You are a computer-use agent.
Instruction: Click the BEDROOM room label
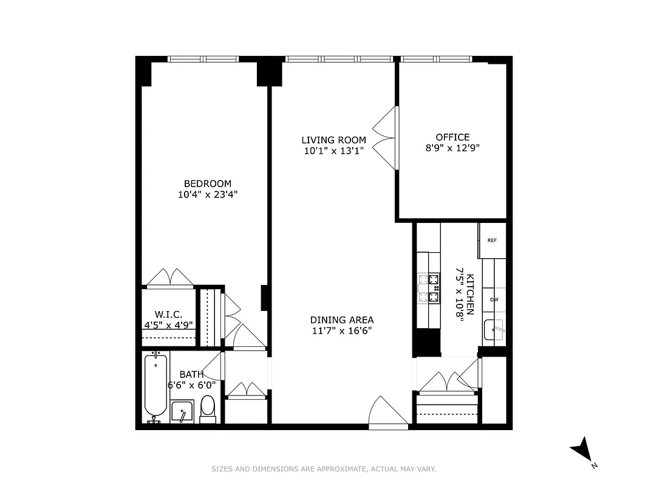tap(208, 183)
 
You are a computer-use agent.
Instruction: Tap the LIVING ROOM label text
tap(333, 140)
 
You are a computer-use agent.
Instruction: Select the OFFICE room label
tap(452, 137)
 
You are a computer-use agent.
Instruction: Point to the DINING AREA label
tap(341, 320)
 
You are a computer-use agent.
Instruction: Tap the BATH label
tap(191, 375)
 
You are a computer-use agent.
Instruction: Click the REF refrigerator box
tap(492, 240)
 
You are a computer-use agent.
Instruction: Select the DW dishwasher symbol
tap(494, 299)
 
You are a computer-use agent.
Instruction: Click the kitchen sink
tap(494, 330)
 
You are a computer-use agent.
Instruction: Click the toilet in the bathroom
tap(208, 408)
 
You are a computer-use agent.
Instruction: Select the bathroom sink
tap(182, 412)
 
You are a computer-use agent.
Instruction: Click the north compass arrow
tap(581, 449)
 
